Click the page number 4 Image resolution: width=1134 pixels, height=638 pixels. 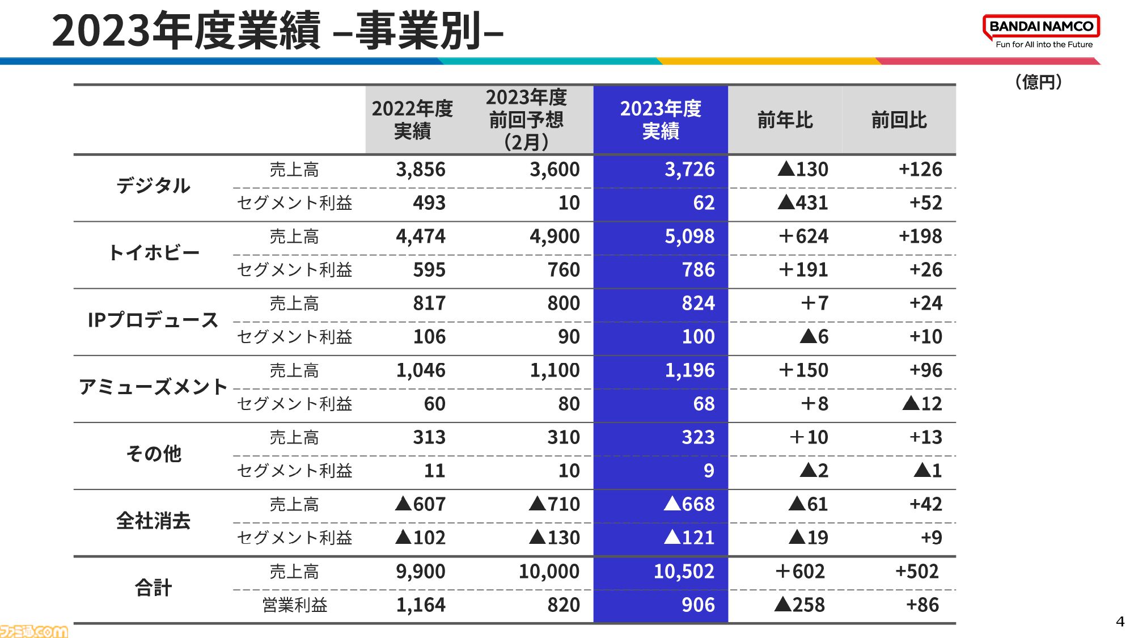(1120, 622)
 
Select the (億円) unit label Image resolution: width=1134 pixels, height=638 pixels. (1038, 82)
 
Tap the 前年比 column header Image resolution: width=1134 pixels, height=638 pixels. (785, 120)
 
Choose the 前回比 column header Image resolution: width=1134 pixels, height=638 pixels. (899, 120)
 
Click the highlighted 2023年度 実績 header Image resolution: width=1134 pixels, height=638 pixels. (661, 120)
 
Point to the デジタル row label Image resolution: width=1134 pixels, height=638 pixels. (153, 185)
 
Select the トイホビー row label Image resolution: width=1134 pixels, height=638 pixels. (153, 252)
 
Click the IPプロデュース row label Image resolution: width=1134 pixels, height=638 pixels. (153, 320)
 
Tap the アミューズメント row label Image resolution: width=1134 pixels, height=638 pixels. (153, 387)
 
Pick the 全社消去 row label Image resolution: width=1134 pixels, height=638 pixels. (153, 521)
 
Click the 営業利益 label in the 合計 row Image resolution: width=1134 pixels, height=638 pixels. (294, 605)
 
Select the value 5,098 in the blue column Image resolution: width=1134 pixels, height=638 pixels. (689, 236)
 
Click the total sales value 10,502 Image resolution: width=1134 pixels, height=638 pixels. (684, 571)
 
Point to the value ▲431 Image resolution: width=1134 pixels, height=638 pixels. (803, 202)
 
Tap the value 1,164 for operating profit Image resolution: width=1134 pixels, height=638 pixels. (421, 605)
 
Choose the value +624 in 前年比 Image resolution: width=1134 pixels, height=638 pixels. (803, 236)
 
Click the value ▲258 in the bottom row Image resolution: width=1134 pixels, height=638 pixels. (799, 605)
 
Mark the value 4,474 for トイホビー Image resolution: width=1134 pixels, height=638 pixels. (421, 236)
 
